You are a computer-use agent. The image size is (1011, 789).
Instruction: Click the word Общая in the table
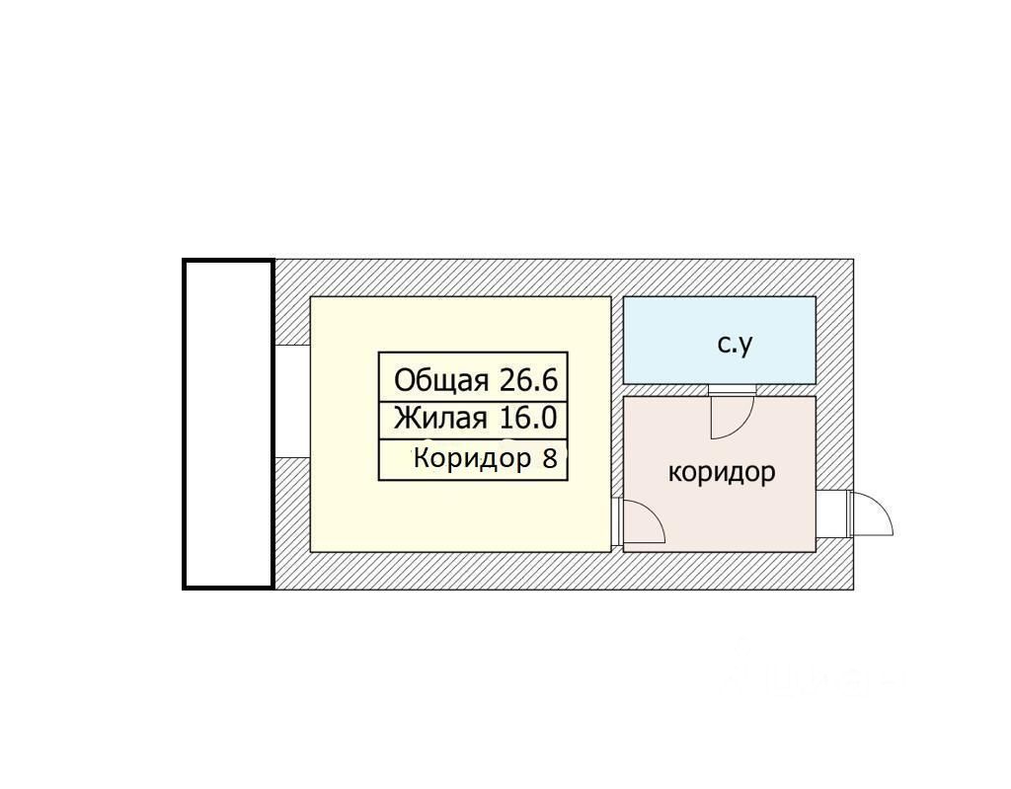point(440,380)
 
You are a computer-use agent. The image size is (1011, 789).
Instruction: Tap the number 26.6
point(529,380)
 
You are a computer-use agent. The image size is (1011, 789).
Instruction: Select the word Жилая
point(440,419)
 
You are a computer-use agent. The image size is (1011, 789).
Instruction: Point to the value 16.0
point(527,419)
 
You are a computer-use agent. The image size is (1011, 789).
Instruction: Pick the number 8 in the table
point(550,458)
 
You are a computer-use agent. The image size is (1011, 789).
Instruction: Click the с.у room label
point(735,344)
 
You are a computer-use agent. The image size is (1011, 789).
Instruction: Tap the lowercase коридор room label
point(722,472)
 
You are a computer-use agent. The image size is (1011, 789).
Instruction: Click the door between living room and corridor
point(639,522)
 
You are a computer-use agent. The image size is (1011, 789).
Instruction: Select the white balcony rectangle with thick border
point(228,424)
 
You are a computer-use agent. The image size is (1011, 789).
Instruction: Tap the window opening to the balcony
point(291,401)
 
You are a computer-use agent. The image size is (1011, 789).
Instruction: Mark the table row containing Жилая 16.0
point(473,420)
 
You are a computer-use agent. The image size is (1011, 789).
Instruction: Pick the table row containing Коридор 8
point(473,460)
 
